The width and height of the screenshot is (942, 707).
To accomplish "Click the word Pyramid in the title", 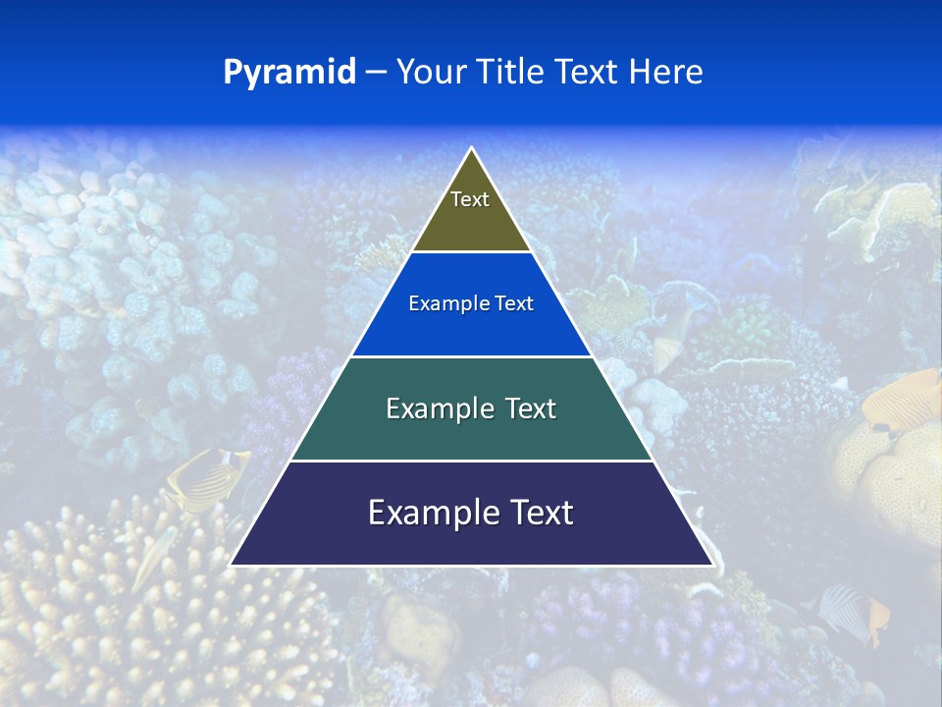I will tap(289, 73).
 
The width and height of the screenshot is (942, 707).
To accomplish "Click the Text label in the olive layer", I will tap(470, 199).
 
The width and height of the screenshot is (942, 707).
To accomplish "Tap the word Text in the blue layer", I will tap(514, 303).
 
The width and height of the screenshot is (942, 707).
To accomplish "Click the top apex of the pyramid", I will tap(471, 148).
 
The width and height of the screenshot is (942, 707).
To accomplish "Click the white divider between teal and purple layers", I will tap(471, 461).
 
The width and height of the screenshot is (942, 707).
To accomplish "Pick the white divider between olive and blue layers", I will tap(471, 251).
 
